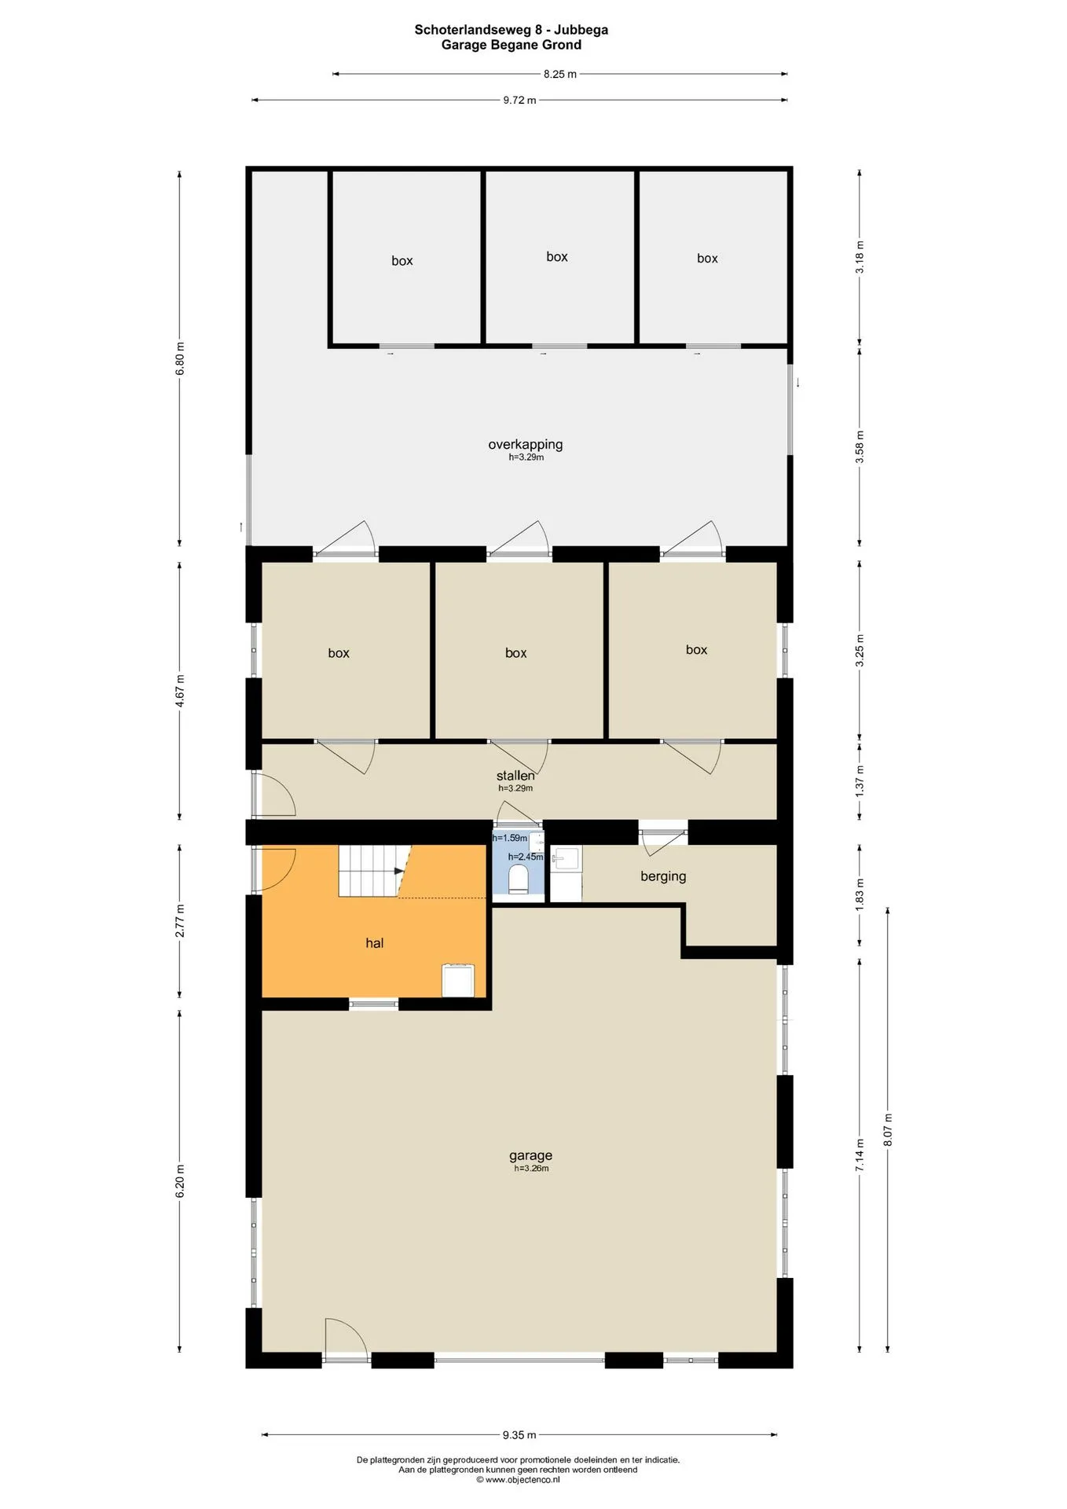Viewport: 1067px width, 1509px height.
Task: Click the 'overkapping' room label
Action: click(526, 444)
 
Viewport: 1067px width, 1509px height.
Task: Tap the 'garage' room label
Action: click(530, 1155)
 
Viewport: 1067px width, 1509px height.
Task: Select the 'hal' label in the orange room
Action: click(374, 942)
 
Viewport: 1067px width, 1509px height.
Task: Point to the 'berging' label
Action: click(663, 876)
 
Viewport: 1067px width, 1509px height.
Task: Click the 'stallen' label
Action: click(515, 776)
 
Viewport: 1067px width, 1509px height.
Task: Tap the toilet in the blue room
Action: click(519, 879)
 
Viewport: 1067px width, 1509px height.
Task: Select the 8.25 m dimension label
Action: click(560, 74)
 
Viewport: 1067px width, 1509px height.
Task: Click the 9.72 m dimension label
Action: click(519, 100)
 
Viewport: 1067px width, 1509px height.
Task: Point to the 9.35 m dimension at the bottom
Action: click(519, 1434)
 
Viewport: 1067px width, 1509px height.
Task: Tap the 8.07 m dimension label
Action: click(888, 1129)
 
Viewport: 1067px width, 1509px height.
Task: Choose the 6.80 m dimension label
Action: click(180, 358)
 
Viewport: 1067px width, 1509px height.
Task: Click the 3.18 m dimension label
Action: click(860, 257)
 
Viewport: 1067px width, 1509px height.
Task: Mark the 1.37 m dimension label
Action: click(860, 780)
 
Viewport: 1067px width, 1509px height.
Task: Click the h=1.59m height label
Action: click(510, 838)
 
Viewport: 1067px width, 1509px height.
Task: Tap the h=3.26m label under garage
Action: click(531, 1169)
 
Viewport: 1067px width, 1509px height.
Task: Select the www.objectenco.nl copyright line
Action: click(518, 1479)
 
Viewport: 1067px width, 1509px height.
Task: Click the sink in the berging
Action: click(566, 857)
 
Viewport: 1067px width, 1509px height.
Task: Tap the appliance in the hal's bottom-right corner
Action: click(458, 980)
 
